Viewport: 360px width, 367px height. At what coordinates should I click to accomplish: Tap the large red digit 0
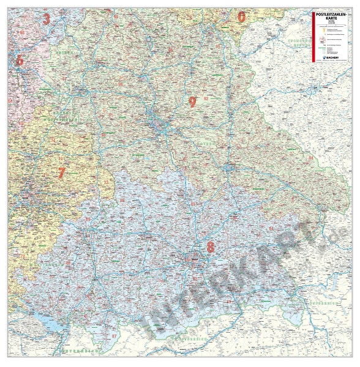(241, 17)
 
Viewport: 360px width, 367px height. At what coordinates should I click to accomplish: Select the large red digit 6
(19, 60)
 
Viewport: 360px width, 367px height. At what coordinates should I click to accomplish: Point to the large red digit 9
(192, 102)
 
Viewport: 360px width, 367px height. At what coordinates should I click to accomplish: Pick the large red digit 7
(61, 173)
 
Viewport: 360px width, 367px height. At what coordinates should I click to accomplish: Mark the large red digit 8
(211, 247)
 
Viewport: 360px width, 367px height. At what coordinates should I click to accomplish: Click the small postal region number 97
(64, 79)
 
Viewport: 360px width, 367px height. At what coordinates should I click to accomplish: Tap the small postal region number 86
(122, 200)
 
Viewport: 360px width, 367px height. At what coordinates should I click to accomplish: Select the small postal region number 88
(67, 263)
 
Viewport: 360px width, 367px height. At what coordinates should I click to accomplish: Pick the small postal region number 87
(114, 336)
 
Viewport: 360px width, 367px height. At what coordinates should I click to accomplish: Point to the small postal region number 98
(116, 17)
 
